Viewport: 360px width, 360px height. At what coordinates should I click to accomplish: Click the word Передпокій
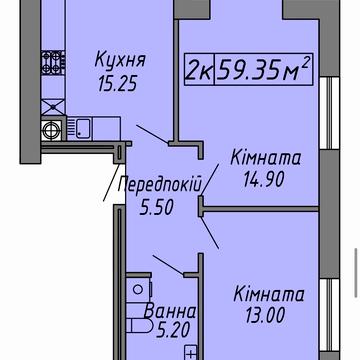pyautogui.click(x=160, y=185)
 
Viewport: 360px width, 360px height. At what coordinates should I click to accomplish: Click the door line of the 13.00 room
pyautogui.click(x=214, y=232)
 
